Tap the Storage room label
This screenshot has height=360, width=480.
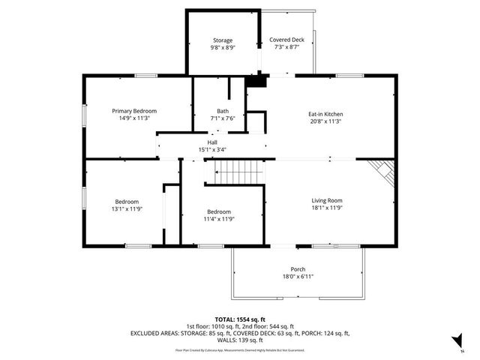(x=222, y=40)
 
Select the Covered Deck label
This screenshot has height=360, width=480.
(x=287, y=40)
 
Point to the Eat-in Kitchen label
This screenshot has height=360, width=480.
(x=325, y=114)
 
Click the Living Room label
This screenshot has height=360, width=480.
(x=327, y=200)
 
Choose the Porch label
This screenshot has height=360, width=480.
(x=298, y=269)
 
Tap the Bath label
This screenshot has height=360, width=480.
(x=223, y=110)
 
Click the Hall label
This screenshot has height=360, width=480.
(x=212, y=142)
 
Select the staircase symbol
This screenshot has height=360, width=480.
(x=236, y=174)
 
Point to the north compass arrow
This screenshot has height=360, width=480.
(x=455, y=343)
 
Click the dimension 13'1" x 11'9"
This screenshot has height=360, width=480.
(x=127, y=208)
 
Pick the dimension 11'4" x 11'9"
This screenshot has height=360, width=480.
(x=219, y=219)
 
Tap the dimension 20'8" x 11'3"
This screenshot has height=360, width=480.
(x=325, y=121)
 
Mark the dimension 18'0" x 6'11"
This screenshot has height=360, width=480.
(x=298, y=277)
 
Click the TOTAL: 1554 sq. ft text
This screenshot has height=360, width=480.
(x=240, y=319)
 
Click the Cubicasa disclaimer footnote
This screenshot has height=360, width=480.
(x=240, y=349)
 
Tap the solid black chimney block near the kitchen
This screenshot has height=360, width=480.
(x=256, y=81)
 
